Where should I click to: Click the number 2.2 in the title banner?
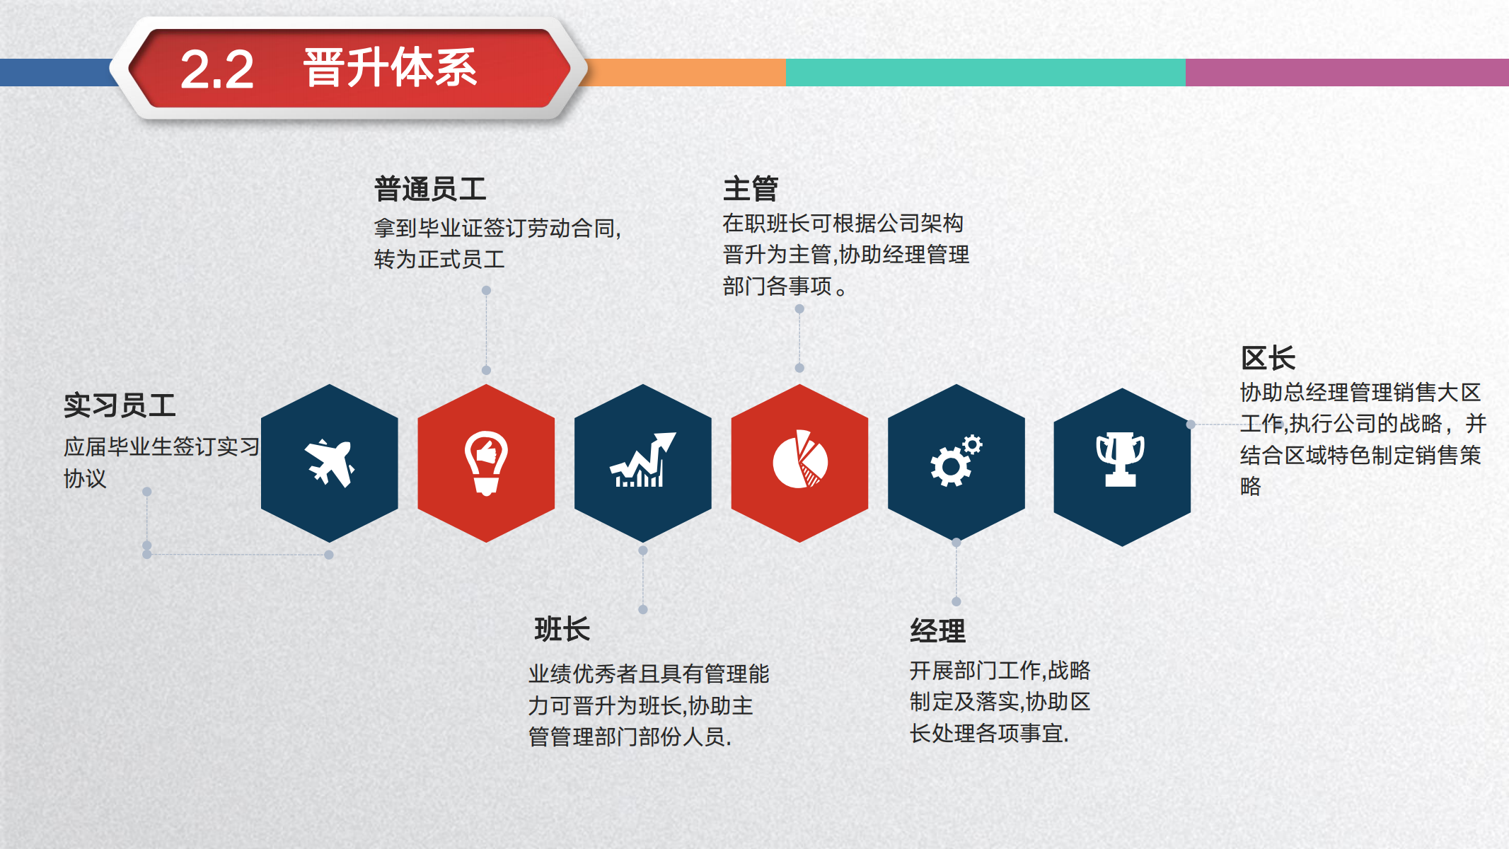pos(216,69)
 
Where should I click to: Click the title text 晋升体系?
pos(390,68)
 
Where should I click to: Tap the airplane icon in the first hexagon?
pos(330,463)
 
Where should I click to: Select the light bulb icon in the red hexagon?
pos(486,463)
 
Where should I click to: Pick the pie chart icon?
pos(800,461)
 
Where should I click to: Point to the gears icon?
pos(956,461)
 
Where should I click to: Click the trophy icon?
pos(1120,460)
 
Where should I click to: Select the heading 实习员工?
pos(120,405)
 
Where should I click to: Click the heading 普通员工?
pos(430,190)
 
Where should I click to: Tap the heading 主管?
pos(751,189)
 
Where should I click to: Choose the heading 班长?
pos(562,629)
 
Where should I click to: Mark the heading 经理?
pos(937,630)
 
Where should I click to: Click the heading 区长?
pos(1268,358)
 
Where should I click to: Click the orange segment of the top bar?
pos(686,72)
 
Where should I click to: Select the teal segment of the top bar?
pos(985,72)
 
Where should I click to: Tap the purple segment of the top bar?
pos(1346,72)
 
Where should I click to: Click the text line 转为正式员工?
pos(439,260)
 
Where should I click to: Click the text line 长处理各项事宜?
pos(989,734)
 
